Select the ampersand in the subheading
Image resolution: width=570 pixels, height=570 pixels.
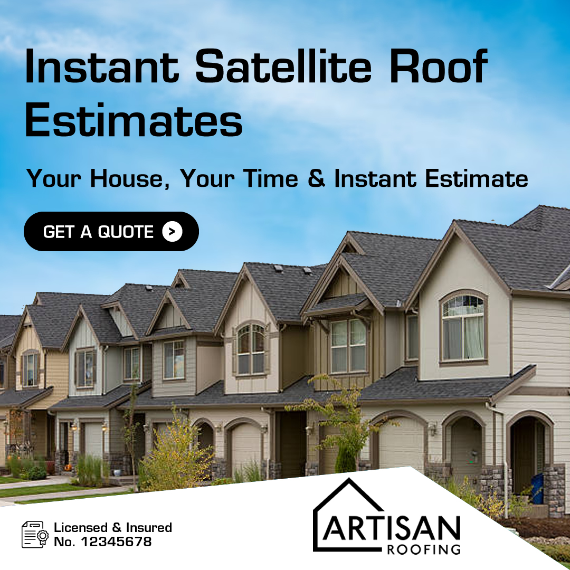[316, 178]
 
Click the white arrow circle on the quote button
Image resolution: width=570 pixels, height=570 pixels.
[172, 231]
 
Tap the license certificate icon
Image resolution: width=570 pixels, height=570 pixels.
[34, 534]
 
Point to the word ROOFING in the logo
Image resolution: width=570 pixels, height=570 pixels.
[423, 549]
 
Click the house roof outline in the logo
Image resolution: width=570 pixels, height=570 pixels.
[348, 501]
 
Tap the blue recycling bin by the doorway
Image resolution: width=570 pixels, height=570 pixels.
[537, 488]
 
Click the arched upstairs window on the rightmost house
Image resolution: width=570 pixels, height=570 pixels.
[463, 327]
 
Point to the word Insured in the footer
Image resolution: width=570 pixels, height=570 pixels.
[149, 527]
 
